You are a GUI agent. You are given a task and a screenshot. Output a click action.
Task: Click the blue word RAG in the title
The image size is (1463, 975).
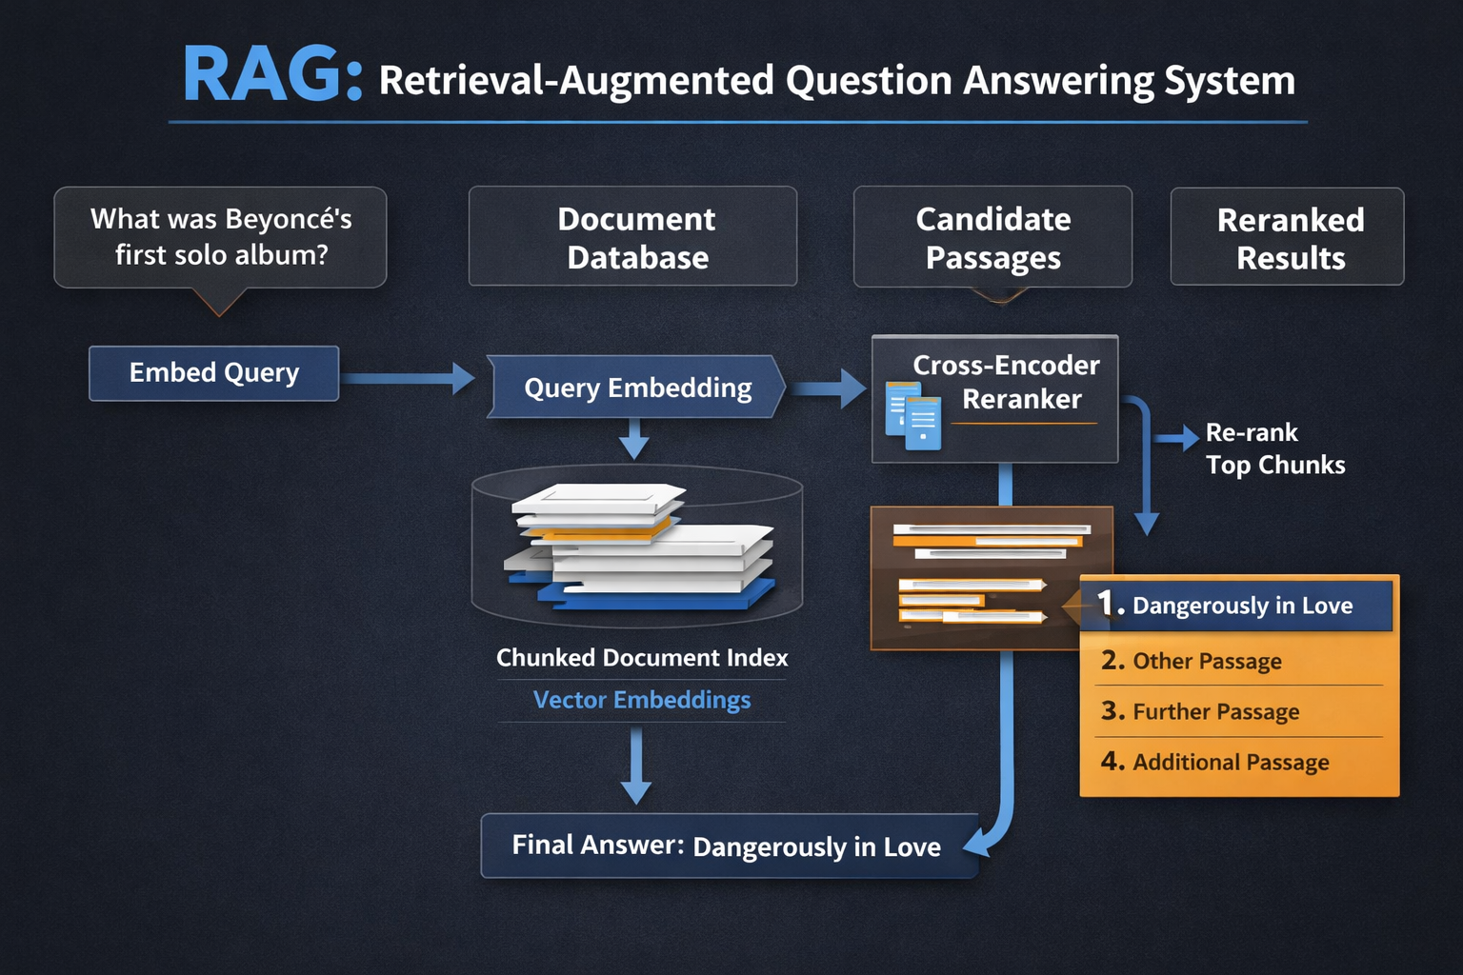pos(262,76)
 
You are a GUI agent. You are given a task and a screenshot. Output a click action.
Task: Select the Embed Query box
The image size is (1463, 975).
pos(214,373)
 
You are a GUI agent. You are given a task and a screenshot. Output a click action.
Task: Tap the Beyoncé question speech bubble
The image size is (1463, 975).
pos(221,237)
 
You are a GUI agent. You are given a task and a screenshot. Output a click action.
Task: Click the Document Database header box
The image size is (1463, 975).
pos(633,237)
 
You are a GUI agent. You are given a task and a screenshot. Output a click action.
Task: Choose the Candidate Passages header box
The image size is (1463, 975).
pos(992,237)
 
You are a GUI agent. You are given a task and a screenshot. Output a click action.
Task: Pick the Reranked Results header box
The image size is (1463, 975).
pos(1288,237)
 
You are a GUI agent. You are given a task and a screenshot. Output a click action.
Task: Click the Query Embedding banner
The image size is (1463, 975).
pos(636,388)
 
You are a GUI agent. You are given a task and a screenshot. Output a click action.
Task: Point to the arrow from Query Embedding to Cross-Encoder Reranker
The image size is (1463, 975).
pos(829,388)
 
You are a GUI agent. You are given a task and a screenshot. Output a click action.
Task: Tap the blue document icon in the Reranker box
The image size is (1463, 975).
pos(913,416)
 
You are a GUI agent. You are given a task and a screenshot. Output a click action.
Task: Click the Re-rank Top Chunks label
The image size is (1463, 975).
pos(1274,448)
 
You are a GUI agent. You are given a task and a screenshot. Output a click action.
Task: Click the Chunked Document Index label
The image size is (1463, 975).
pos(642,658)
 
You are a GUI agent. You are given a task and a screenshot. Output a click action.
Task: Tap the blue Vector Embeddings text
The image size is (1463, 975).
pos(642,700)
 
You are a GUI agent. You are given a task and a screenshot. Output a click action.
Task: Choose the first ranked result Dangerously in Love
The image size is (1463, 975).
pos(1236,605)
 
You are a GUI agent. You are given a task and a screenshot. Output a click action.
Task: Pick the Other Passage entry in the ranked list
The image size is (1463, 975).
pos(1206,661)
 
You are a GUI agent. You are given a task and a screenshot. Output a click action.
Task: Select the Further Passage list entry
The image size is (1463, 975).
pos(1214,711)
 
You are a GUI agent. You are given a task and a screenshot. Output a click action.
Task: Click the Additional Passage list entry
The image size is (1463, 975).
pos(1230,762)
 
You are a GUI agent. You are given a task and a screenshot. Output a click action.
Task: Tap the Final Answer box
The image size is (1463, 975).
pos(728,846)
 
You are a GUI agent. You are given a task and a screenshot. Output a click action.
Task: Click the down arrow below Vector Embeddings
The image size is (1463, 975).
pos(635,766)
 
